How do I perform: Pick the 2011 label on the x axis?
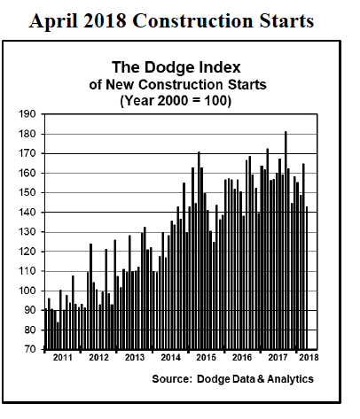pos(63,359)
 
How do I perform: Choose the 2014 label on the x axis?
pos(171,359)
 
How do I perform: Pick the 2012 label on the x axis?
pos(99,359)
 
